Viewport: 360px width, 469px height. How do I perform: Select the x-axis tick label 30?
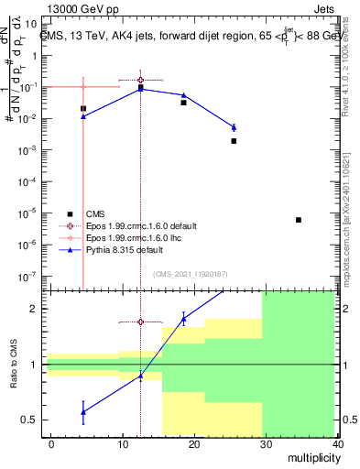[267, 444]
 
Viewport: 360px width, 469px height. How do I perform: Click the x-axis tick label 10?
[123, 444]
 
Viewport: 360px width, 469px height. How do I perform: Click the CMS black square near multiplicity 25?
[234, 141]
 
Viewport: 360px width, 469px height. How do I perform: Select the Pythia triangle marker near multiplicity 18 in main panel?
[184, 95]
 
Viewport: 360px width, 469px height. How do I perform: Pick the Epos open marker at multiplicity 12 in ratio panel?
[140, 322]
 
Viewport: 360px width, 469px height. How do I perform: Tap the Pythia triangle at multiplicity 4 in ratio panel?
[83, 412]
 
